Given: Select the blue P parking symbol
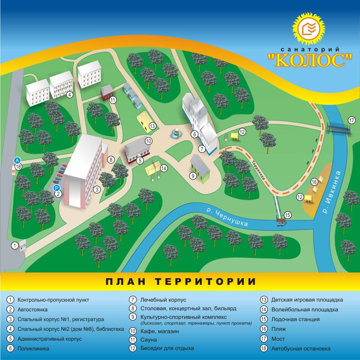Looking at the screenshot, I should pyautogui.click(x=57, y=188).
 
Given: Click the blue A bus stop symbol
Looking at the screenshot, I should pyautogui.click(x=17, y=160).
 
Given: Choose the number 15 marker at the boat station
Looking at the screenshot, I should pyautogui.click(x=288, y=215).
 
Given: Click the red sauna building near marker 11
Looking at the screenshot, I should pyautogui.click(x=106, y=93).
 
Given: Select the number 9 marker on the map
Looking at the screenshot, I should pyautogui.click(x=193, y=175).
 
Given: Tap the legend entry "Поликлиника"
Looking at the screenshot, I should pyautogui.click(x=34, y=349).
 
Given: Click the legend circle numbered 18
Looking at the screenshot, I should pyautogui.click(x=264, y=349).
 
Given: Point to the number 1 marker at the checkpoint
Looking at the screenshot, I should pyautogui.click(x=15, y=246).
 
